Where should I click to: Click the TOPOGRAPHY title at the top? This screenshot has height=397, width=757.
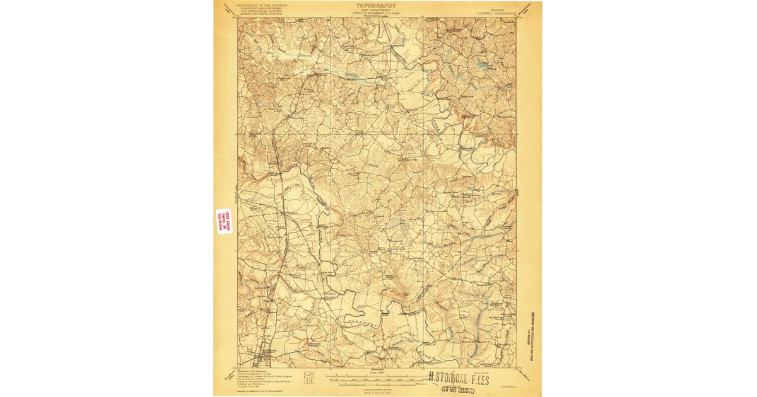tap(377, 5)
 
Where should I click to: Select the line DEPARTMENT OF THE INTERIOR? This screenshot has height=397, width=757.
tap(261, 5)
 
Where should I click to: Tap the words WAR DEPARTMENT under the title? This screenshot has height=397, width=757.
tap(377, 9)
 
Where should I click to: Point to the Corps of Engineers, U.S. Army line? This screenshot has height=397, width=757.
tap(377, 13)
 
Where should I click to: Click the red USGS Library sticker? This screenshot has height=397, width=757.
tap(224, 221)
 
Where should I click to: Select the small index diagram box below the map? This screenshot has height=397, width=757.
tap(309, 377)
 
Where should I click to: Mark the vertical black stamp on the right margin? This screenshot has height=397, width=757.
tap(531, 321)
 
